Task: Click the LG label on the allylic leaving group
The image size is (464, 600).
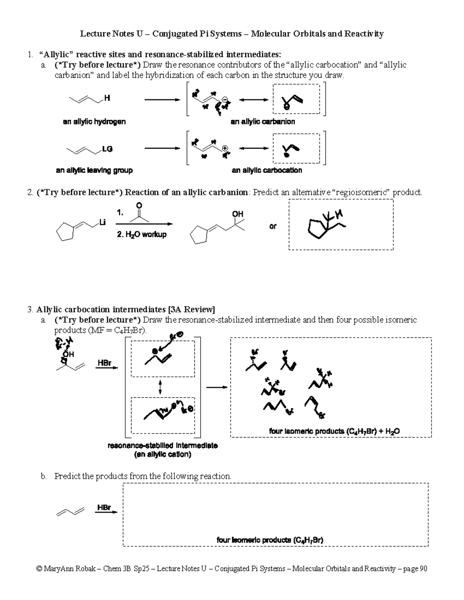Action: click(107, 149)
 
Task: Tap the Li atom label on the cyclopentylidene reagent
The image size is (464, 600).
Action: click(102, 222)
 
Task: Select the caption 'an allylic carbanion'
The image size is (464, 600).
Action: click(263, 122)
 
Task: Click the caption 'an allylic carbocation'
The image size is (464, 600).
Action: click(267, 170)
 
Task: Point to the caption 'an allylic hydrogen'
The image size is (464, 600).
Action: click(94, 122)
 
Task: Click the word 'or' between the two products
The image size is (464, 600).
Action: click(273, 226)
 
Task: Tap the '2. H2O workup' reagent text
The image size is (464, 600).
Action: click(142, 234)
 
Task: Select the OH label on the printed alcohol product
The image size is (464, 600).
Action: click(237, 214)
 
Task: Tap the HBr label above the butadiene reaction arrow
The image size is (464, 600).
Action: click(104, 507)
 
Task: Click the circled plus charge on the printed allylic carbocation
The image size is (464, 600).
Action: click(225, 148)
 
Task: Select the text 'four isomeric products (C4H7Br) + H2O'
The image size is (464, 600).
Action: click(334, 431)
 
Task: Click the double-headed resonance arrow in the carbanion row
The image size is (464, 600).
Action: click(253, 100)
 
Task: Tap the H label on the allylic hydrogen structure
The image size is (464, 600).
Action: click(107, 98)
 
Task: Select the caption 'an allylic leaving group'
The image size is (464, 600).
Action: click(94, 170)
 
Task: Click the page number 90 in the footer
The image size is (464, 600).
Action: click(423, 569)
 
